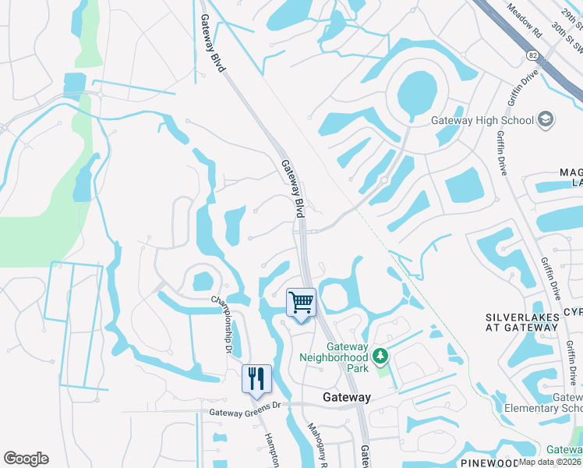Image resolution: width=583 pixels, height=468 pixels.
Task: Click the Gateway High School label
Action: pos(482,120)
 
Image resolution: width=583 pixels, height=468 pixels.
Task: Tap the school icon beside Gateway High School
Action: pos(547,119)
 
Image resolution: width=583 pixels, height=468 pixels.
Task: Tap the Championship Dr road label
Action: pos(221,324)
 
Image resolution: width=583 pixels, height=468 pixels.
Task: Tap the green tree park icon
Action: pos(380,356)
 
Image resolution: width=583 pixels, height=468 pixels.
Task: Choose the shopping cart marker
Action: pos(301,302)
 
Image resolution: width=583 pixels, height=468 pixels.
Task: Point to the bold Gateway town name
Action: pos(347,397)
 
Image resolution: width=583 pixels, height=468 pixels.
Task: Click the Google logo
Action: pos(26,459)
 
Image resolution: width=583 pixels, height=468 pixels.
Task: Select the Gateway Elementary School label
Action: pos(546,402)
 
